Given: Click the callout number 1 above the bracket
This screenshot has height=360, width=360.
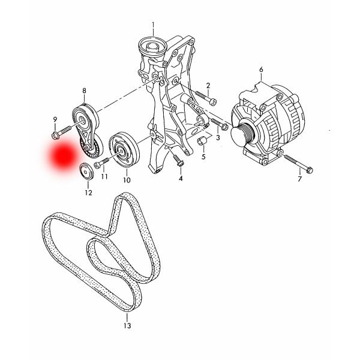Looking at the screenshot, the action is [x=153, y=25].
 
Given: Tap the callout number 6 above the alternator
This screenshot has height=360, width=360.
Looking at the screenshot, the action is [x=261, y=70].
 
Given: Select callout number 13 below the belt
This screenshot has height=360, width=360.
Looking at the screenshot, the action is [x=127, y=325].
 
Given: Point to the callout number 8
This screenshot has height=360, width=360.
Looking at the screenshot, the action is [x=84, y=91].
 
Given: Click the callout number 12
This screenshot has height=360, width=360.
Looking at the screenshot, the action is [x=88, y=193].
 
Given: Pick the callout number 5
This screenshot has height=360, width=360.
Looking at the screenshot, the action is [x=203, y=157].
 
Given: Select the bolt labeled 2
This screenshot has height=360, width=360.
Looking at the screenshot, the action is [x=206, y=98].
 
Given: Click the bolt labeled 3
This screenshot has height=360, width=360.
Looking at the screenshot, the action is [x=219, y=124].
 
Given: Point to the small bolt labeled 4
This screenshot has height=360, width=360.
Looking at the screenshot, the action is [x=178, y=161].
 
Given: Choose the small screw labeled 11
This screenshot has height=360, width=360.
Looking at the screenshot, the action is [x=101, y=163].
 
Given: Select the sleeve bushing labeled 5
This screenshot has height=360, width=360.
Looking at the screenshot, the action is [x=202, y=140].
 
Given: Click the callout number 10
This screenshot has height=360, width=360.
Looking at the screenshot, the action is [x=127, y=180].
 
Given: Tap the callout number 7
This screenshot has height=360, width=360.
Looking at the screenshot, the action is [x=299, y=178].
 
